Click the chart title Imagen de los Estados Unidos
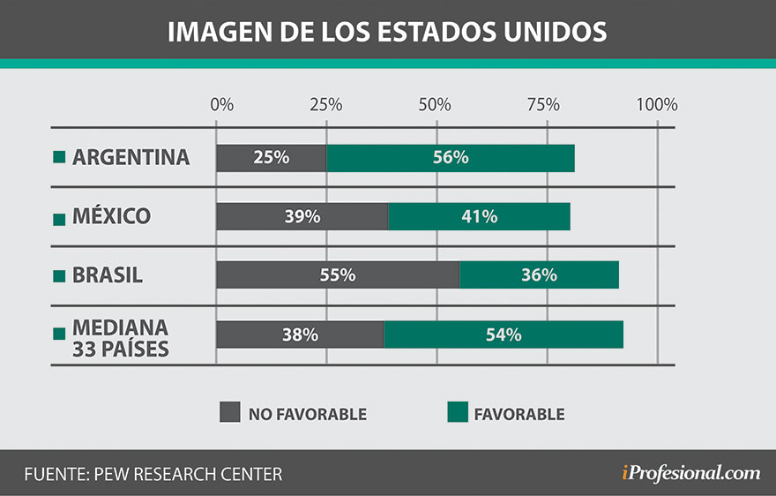click(x=387, y=31)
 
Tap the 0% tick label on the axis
click(x=222, y=104)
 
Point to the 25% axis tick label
click(x=325, y=104)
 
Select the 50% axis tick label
click(x=435, y=104)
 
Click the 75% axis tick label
click(x=544, y=104)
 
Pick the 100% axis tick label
click(x=655, y=104)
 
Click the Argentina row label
click(x=131, y=157)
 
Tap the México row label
click(x=111, y=216)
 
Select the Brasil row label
click(x=108, y=275)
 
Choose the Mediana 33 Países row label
click(x=120, y=338)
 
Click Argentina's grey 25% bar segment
click(x=272, y=158)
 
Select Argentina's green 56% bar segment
click(x=450, y=158)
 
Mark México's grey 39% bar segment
click(x=302, y=216)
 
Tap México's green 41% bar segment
click(x=479, y=216)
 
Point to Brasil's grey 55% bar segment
click(x=338, y=275)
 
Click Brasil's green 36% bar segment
click(x=539, y=275)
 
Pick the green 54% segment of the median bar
click(x=504, y=334)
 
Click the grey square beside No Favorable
click(x=229, y=412)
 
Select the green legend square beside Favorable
click(x=457, y=412)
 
